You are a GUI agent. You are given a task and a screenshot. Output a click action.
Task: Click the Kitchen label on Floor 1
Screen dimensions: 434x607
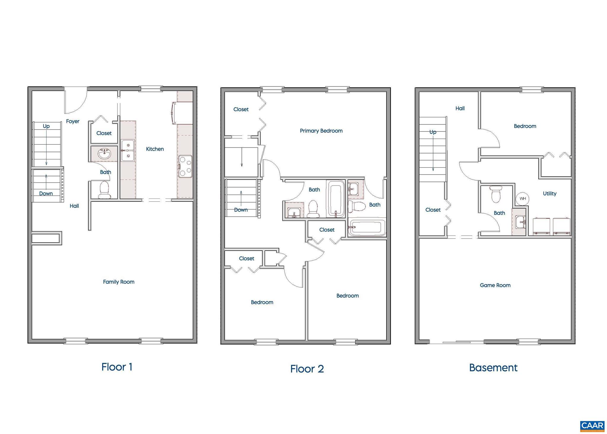[x=155, y=149]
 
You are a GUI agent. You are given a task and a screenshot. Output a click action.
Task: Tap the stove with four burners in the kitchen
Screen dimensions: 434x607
[x=185, y=166]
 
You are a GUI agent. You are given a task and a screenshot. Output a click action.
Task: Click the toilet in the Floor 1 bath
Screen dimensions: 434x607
[x=104, y=190]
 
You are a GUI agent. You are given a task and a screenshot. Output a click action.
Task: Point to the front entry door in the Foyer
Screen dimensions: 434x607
[x=76, y=101]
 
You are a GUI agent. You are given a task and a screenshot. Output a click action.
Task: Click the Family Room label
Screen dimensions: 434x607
[x=119, y=282]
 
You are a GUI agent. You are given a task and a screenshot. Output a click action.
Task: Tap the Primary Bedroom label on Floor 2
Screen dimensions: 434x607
[x=321, y=131]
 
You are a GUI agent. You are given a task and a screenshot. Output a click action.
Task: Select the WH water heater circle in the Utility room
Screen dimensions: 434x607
[x=523, y=198]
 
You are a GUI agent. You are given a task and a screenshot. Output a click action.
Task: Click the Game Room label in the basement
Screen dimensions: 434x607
[x=495, y=285]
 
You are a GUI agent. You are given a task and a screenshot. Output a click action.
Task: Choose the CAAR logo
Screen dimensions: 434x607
[x=592, y=426]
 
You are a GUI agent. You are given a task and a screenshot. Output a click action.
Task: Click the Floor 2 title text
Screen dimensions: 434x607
[x=307, y=369]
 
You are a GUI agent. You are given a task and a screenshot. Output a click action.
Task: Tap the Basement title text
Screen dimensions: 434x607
[x=493, y=368]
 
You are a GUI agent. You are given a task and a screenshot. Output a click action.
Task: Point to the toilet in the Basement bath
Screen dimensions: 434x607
[x=496, y=194]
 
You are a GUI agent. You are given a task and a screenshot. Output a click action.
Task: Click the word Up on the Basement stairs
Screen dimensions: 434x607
[x=433, y=132]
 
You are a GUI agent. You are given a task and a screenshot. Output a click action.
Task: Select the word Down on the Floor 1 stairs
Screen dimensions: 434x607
[x=46, y=193]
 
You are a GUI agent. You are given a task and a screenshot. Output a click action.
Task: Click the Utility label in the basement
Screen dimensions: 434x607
[x=550, y=193]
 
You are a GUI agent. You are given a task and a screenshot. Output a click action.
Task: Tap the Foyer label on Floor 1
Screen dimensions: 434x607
[x=73, y=121]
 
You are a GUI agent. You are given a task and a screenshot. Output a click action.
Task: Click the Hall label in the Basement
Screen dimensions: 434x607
[x=460, y=108]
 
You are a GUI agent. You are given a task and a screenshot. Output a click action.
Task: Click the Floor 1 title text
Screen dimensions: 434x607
[x=117, y=367]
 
